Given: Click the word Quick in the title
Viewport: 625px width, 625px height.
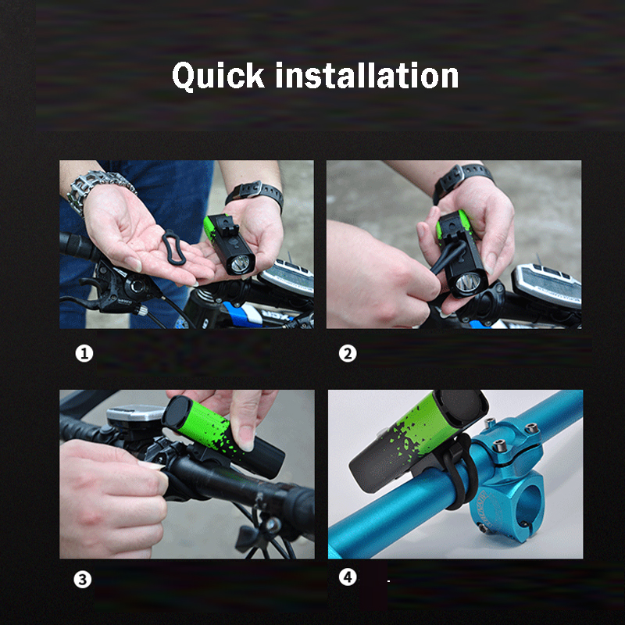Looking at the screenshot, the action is coord(218,76).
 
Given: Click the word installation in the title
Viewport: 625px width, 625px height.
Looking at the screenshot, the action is coord(367,75).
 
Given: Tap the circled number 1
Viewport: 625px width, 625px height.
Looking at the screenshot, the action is coord(84,354).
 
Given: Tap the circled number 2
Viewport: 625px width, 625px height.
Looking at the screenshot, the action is coord(348,354).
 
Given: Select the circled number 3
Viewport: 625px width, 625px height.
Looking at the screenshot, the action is coord(83,580).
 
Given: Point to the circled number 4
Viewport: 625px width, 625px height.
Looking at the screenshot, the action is coord(348,577).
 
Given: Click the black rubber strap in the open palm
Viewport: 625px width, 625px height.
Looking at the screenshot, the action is coord(173,247).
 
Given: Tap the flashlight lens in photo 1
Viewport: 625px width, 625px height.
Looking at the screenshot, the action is coord(241,263).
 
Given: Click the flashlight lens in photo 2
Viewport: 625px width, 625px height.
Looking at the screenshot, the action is coord(468,283).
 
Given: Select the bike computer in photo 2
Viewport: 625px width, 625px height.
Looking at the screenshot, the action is coord(547,284).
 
